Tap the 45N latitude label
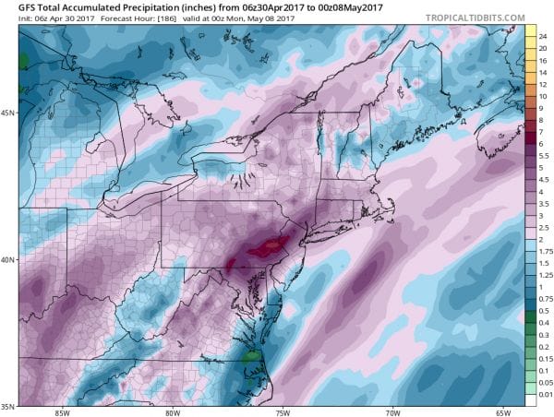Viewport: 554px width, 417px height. click(x=10, y=113)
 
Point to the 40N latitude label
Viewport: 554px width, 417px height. click(x=10, y=259)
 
